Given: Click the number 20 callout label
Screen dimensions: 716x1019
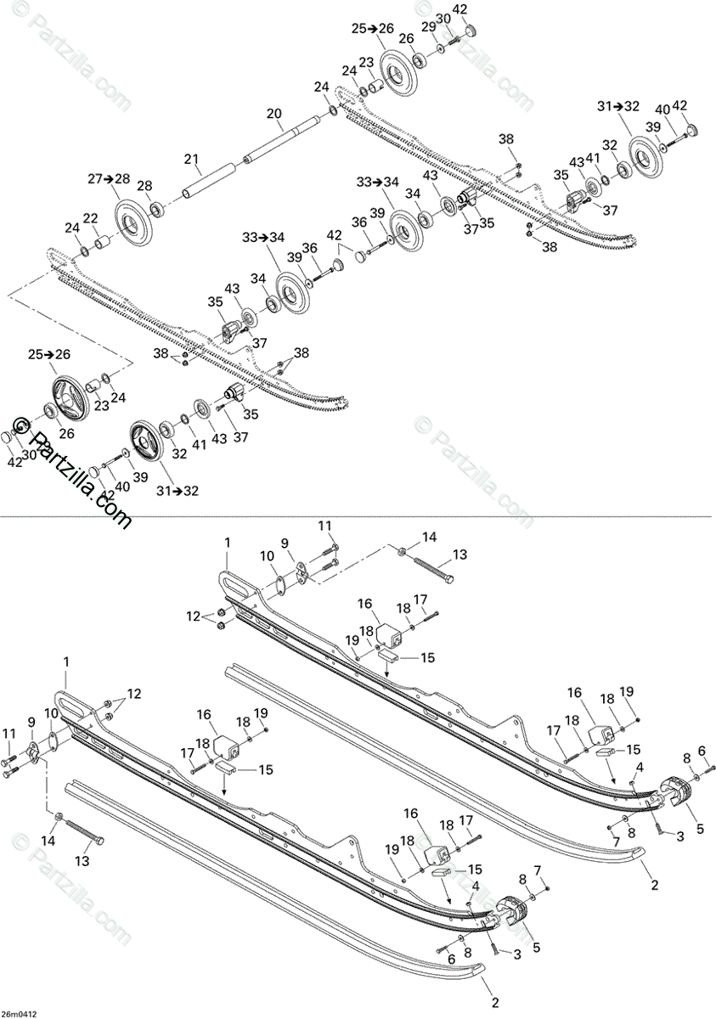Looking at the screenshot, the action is click(273, 113).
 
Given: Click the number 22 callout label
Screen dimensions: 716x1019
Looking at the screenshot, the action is click(90, 219).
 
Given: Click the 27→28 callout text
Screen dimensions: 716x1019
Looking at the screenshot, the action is click(109, 178).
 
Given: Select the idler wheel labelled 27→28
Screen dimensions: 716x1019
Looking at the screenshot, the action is click(128, 223).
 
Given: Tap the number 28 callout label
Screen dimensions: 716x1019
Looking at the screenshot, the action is click(144, 186).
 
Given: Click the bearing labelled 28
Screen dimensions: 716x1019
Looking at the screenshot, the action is click(157, 208).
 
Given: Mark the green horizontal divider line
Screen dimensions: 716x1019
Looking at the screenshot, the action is click(357, 516).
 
